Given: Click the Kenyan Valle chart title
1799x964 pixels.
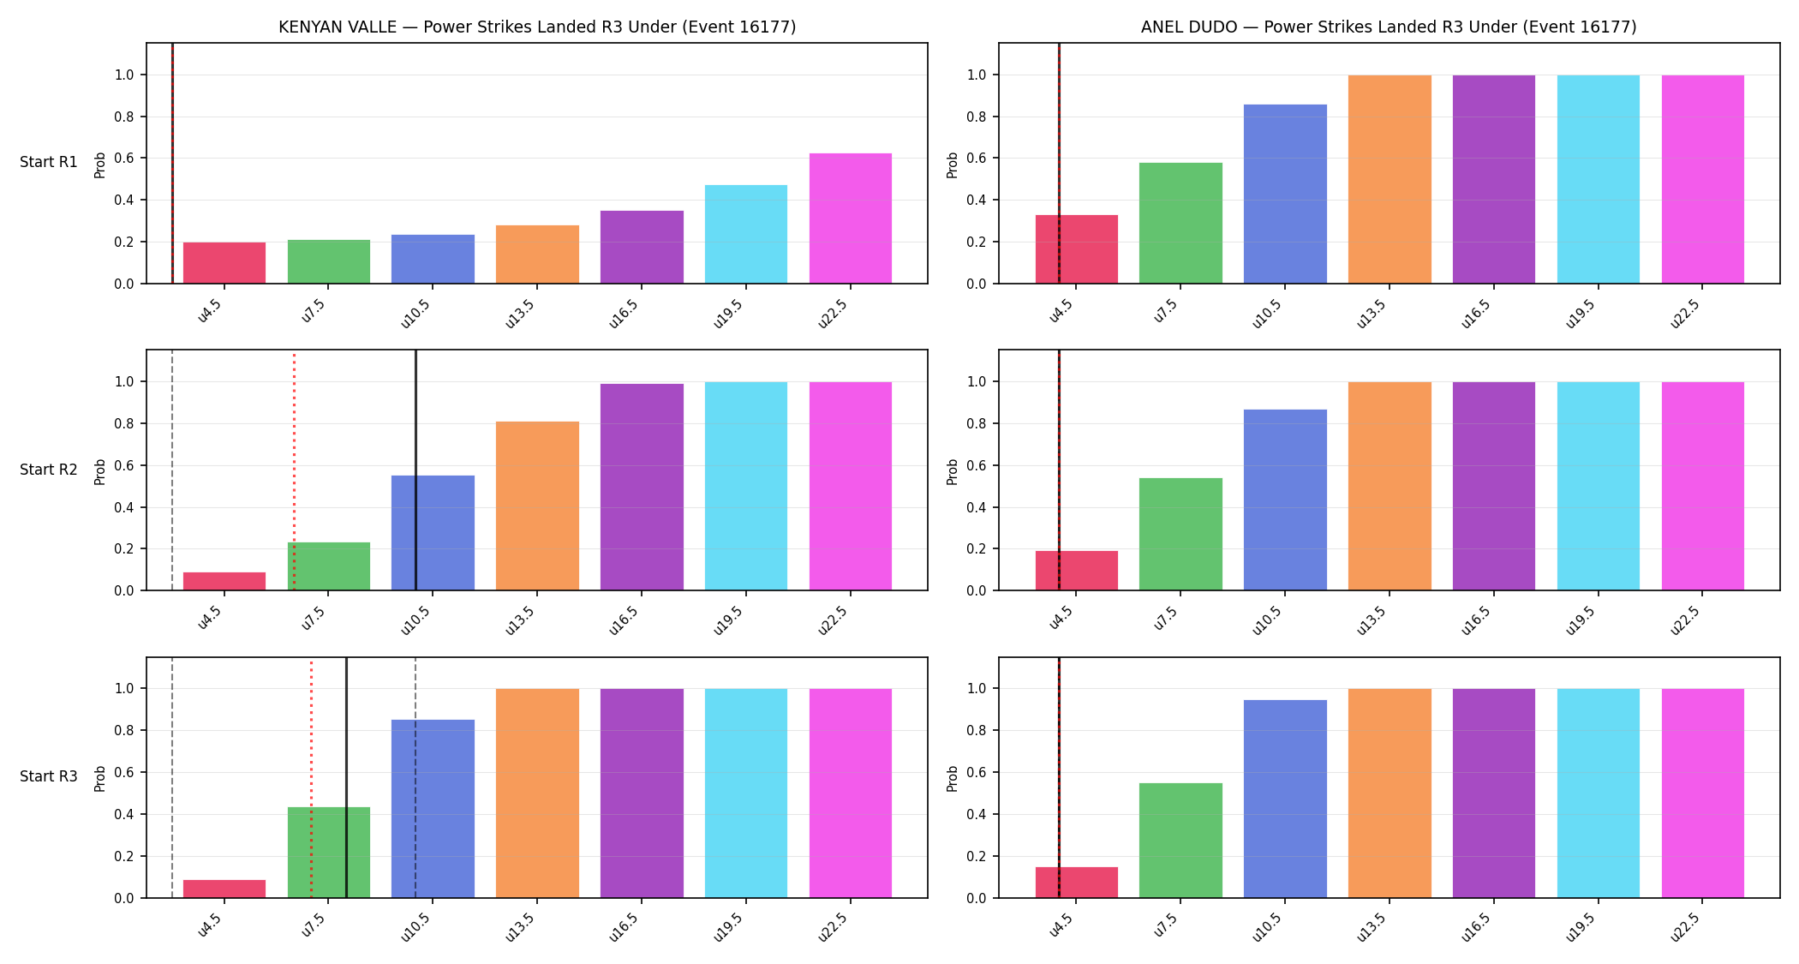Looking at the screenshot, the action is point(537,27).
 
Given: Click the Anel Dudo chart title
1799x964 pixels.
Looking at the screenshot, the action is point(1389,27).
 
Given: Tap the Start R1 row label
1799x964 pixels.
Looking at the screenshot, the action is point(49,163).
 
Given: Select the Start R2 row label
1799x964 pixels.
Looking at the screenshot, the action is point(49,470).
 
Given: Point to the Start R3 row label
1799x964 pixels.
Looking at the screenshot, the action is point(49,776).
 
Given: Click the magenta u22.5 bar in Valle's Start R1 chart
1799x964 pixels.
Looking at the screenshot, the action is point(851,219).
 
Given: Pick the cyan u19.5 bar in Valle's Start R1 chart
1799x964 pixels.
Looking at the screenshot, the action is point(746,234).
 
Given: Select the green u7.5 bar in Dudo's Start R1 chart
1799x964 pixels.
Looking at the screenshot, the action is point(1180,223).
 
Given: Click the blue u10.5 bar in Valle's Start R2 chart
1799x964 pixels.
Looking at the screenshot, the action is point(433,533).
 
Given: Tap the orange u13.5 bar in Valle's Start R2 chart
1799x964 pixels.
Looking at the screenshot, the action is point(537,506).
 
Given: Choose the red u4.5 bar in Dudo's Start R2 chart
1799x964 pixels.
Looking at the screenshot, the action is point(1077,571).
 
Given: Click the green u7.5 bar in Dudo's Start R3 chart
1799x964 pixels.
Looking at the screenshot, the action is point(1180,841).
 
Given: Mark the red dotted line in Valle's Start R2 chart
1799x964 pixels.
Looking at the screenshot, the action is point(294,470).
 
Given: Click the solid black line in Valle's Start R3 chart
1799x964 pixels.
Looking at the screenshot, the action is point(346,778).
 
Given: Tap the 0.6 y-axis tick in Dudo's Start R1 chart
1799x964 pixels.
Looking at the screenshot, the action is point(977,159).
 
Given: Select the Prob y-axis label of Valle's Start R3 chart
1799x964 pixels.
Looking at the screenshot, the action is point(100,778).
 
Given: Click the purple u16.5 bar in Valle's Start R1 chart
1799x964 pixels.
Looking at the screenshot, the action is point(642,247).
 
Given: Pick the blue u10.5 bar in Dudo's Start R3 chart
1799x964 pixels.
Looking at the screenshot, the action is point(1285,799).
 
